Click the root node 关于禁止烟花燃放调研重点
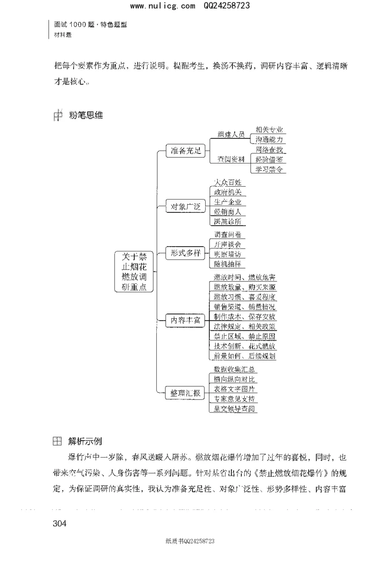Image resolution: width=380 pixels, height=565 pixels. point(134,271)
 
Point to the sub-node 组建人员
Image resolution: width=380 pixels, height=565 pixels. point(231,134)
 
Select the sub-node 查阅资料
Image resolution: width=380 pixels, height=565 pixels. point(231,159)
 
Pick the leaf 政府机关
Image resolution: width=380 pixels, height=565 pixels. point(228,192)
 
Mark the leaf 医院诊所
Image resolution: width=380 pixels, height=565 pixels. point(228,221)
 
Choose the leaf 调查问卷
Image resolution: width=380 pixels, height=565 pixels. point(228,235)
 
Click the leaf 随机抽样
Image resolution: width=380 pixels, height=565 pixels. point(228,264)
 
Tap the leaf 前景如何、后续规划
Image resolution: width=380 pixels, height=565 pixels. point(244,355)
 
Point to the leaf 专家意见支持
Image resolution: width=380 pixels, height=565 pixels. point(234,399)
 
